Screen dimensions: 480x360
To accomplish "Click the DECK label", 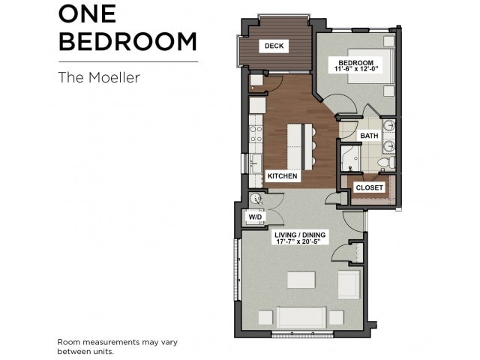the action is (274, 46).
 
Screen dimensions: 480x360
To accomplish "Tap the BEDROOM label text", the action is (356, 63).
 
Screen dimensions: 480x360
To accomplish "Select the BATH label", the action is (369, 136).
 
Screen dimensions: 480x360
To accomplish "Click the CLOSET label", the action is (370, 187).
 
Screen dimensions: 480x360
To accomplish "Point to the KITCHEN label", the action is (282, 176).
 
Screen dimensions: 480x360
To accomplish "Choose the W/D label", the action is (255, 217).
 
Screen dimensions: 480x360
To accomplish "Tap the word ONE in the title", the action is (87, 13).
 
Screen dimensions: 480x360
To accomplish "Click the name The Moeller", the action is (99, 77).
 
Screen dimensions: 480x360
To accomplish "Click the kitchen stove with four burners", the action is (256, 133).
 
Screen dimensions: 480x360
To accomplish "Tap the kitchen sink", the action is (256, 163).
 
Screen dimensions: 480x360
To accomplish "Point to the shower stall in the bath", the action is (351, 158).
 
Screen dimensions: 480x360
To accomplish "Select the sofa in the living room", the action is (301, 317).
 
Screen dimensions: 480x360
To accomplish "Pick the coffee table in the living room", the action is (301, 280).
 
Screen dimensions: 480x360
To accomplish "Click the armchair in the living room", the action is (349, 285).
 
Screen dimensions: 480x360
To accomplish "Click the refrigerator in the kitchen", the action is (257, 105).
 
